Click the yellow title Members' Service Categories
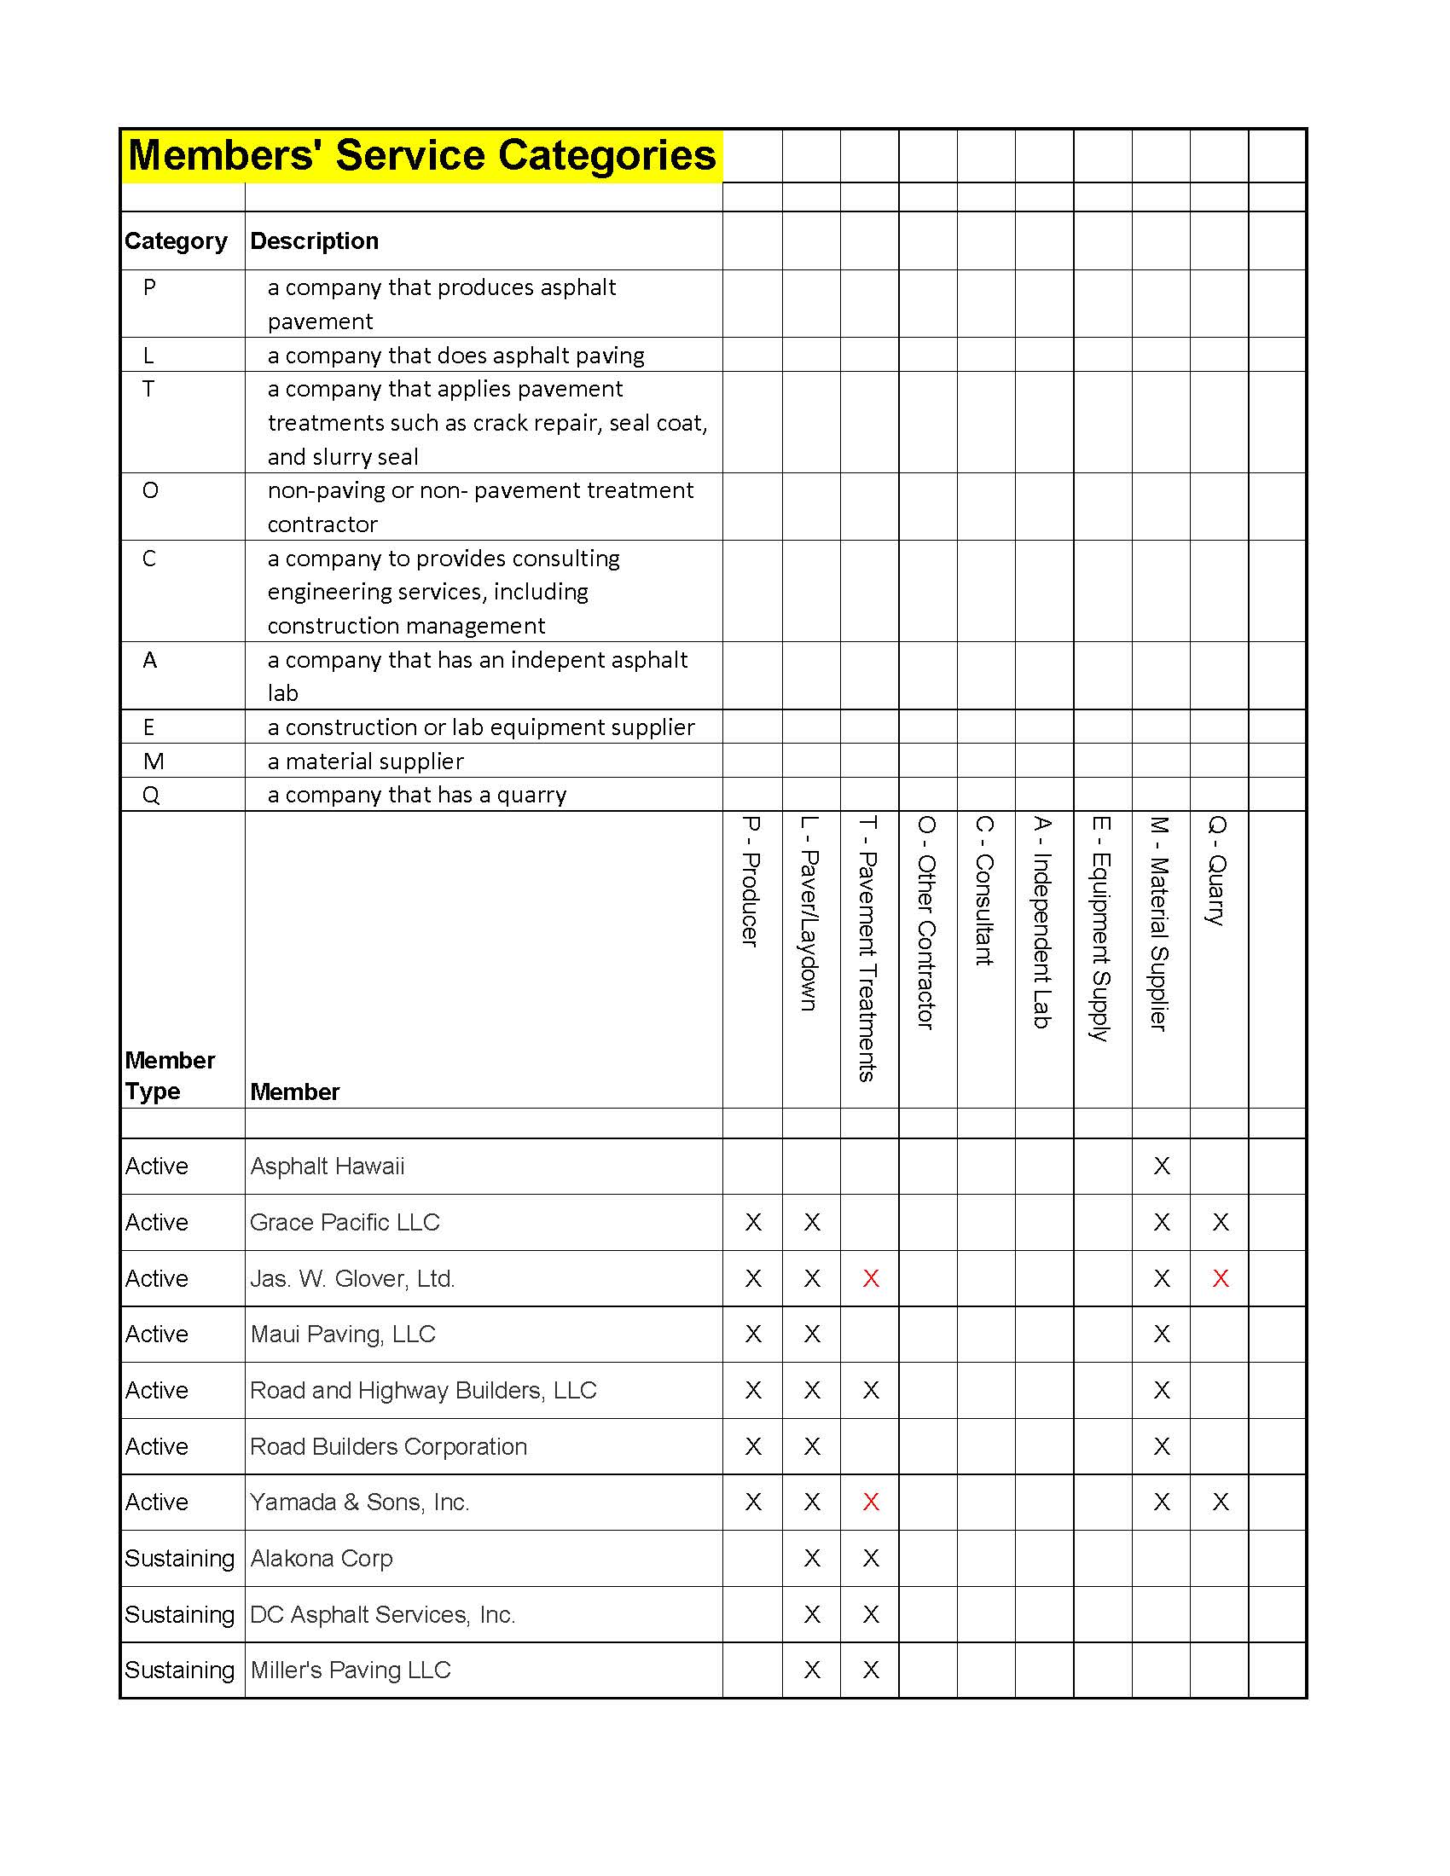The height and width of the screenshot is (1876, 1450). pyautogui.click(x=420, y=155)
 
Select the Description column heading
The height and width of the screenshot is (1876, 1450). pyautogui.click(x=314, y=241)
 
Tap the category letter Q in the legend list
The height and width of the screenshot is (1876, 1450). pyautogui.click(x=151, y=796)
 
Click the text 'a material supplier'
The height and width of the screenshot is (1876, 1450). pyautogui.click(x=365, y=761)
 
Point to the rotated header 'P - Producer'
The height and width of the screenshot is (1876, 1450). pyautogui.click(x=751, y=882)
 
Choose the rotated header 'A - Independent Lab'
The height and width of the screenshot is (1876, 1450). pyautogui.click(x=1042, y=922)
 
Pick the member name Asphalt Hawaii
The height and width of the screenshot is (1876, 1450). pyautogui.click(x=327, y=1167)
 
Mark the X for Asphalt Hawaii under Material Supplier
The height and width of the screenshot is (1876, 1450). pyautogui.click(x=1162, y=1167)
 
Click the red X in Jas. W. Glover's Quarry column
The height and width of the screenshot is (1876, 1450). pyautogui.click(x=1220, y=1279)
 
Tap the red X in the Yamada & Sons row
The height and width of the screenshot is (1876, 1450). pyautogui.click(x=870, y=1503)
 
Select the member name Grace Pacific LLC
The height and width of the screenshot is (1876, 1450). pyautogui.click(x=345, y=1222)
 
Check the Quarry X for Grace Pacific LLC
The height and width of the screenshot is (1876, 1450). pyautogui.click(x=1220, y=1222)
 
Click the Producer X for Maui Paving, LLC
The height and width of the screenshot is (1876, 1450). pyautogui.click(x=753, y=1335)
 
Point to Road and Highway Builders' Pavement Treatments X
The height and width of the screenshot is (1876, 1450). pyautogui.click(x=870, y=1391)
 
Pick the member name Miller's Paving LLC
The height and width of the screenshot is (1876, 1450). pyautogui.click(x=350, y=1670)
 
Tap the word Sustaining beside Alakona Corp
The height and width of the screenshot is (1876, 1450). pyautogui.click(x=179, y=1559)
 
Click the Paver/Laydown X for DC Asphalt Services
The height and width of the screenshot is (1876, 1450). pyautogui.click(x=812, y=1615)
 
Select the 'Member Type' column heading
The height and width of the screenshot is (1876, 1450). pyautogui.click(x=169, y=1075)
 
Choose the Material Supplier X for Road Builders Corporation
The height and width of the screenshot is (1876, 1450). pyautogui.click(x=1162, y=1447)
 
